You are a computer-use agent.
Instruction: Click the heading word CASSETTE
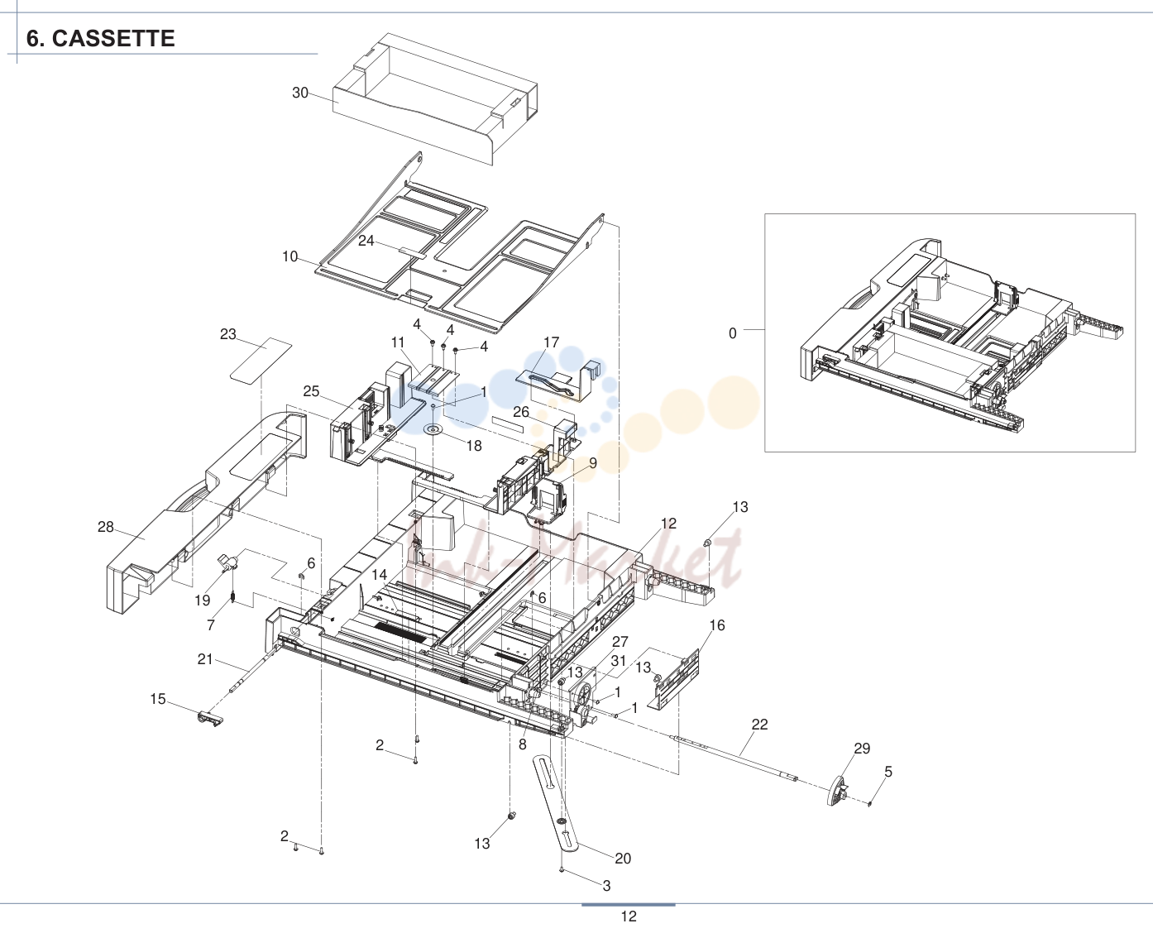tap(113, 38)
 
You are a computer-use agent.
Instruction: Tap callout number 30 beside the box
tap(300, 93)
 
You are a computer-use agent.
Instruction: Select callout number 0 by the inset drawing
tap(732, 333)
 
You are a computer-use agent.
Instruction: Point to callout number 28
tap(106, 527)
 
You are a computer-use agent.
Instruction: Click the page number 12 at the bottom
tap(629, 916)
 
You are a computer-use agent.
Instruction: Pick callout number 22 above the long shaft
tap(759, 724)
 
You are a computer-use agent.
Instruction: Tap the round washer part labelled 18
tap(433, 430)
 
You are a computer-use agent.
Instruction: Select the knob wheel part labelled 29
tap(837, 792)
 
